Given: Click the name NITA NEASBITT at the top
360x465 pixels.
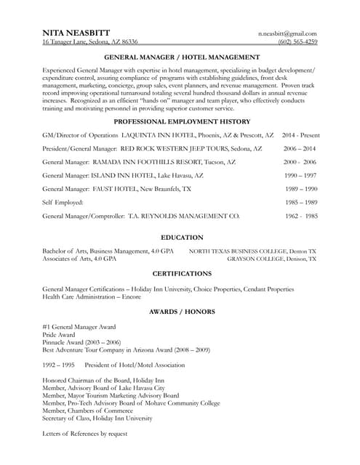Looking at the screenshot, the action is pyautogui.click(x=76, y=33).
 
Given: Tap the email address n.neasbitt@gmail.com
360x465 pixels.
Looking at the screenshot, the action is pyautogui.click(x=287, y=33).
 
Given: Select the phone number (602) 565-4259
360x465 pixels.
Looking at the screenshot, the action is pyautogui.click(x=297, y=42).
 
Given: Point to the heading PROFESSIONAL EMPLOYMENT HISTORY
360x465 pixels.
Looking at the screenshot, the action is pyautogui.click(x=182, y=121).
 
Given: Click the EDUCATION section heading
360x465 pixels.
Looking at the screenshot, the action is pyautogui.click(x=182, y=237).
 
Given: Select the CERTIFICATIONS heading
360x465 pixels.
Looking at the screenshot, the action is pyautogui.click(x=182, y=273).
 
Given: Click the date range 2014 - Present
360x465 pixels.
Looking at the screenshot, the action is pyautogui.click(x=300, y=135).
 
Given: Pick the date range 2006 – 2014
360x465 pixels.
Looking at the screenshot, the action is pyautogui.click(x=300, y=148).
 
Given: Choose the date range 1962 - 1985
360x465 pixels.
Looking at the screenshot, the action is pyautogui.click(x=301, y=216).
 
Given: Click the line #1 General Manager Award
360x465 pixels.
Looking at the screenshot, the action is pyautogui.click(x=79, y=327).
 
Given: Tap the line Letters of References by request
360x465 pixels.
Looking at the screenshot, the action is pyautogui.click(x=85, y=433).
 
